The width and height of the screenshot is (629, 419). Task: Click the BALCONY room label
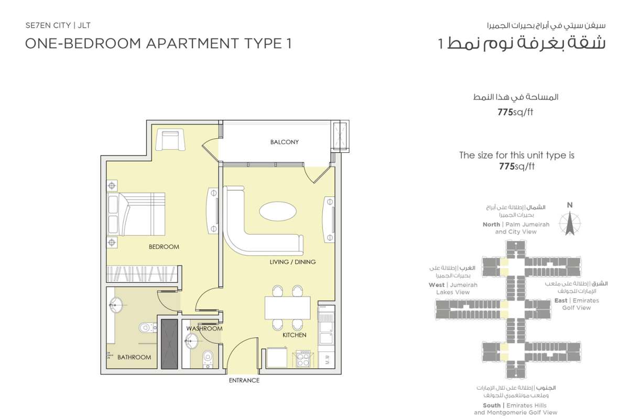(284, 142)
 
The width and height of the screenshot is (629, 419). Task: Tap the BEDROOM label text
(164, 247)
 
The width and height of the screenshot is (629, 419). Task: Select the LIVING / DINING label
(292, 262)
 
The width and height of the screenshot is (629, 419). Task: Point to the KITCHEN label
(294, 335)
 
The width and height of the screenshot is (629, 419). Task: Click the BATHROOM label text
(134, 357)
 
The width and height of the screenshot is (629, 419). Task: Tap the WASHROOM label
(204, 328)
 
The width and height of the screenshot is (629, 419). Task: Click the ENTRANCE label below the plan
(244, 380)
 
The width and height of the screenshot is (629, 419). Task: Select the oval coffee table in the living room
(277, 211)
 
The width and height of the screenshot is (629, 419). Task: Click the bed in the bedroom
(136, 214)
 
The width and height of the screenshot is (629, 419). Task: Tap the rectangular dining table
(287, 307)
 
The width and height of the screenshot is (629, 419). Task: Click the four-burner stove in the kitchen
(303, 358)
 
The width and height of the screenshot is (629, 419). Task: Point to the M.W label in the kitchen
(328, 359)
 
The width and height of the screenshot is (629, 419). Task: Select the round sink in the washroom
(191, 341)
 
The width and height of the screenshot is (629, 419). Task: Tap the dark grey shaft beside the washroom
(169, 344)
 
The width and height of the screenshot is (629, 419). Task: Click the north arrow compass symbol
(570, 224)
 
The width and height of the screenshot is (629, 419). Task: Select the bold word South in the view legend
(492, 405)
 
